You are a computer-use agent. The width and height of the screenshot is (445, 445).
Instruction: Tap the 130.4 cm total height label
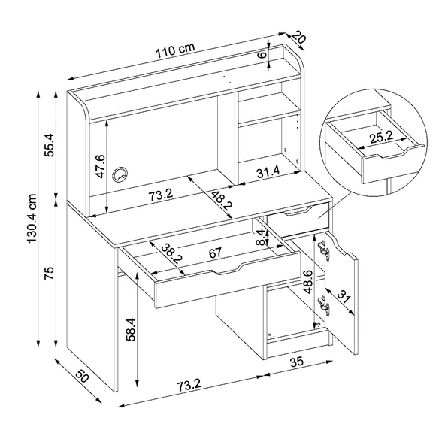pyautogui.click(x=32, y=218)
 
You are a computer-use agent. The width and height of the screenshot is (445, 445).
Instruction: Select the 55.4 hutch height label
pyautogui.click(x=50, y=145)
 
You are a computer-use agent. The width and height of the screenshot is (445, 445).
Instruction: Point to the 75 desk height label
pyautogui.click(x=50, y=273)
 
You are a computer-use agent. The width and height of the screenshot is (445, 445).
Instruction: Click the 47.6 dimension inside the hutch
pyautogui.click(x=101, y=166)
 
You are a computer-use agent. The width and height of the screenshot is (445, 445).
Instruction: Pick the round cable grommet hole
pyautogui.click(x=120, y=174)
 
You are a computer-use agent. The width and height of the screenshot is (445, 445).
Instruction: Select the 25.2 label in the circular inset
pyautogui.click(x=381, y=137)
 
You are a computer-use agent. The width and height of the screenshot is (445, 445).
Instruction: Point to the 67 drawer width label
pyautogui.click(x=215, y=253)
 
